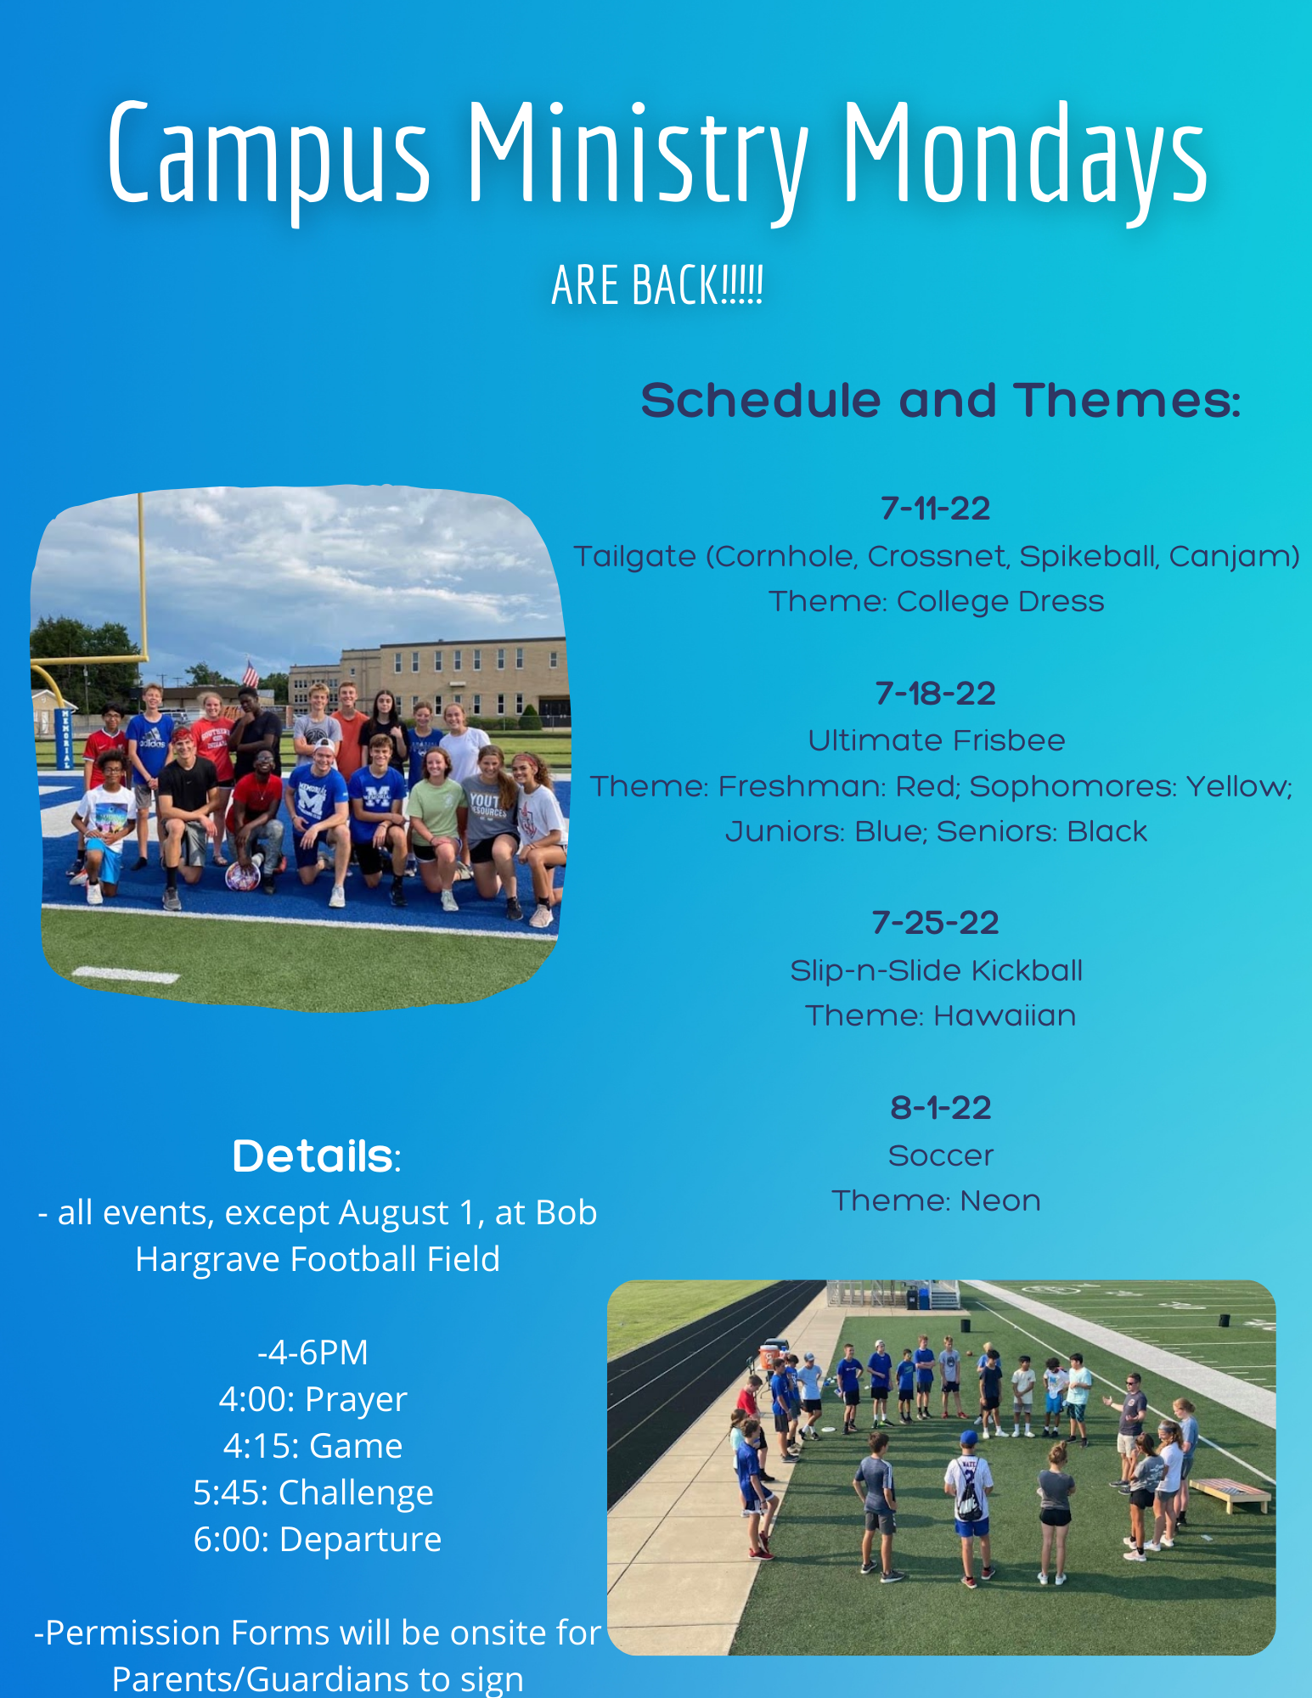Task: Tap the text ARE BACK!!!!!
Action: (657, 285)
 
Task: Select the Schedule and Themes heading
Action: (940, 401)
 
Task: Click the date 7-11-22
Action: (936, 509)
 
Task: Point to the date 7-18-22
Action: (936, 694)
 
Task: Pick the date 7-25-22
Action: (936, 923)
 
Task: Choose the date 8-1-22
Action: (941, 1108)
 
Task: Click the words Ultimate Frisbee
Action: (937, 740)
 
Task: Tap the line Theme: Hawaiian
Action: (941, 1015)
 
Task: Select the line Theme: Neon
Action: (936, 1200)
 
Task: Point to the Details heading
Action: (317, 1156)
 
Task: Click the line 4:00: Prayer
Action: (313, 1399)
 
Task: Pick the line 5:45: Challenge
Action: (313, 1493)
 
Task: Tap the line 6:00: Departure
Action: (318, 1539)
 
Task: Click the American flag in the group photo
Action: (251, 674)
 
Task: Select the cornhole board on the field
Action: (1230, 1493)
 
